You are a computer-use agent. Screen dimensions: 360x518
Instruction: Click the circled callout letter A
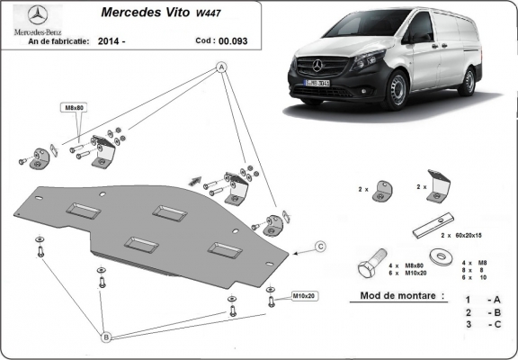click(220, 68)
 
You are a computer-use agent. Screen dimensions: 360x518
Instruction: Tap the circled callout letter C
click(319, 245)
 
